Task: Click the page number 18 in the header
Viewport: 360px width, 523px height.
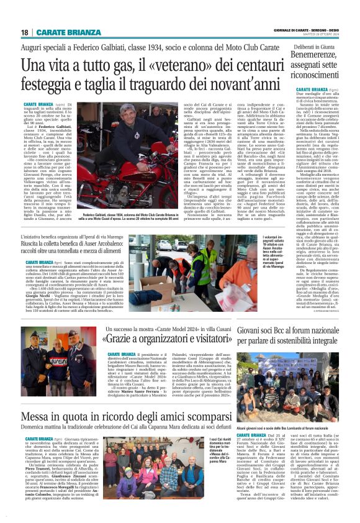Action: pos(25,32)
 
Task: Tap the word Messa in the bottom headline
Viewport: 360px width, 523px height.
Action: pos(41,416)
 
